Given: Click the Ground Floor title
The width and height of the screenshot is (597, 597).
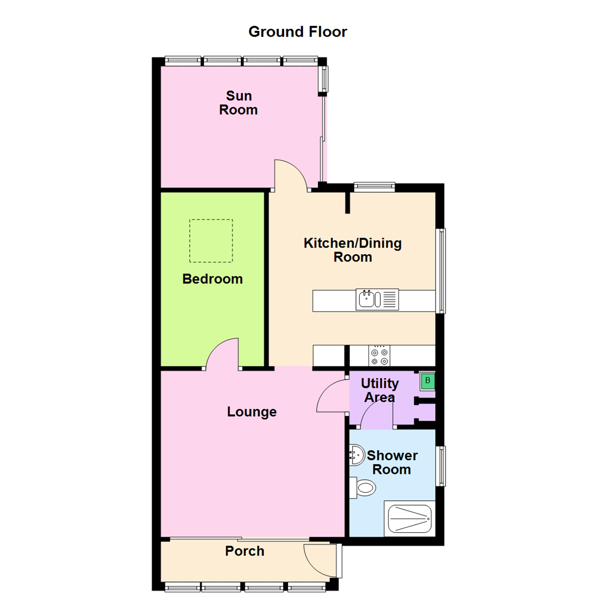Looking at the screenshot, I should coord(297,32).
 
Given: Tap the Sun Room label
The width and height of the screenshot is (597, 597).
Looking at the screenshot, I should coord(238,103).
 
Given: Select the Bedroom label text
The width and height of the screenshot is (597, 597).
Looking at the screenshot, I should coord(212,279).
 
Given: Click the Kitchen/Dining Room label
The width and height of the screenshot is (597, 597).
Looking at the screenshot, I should coord(353,250).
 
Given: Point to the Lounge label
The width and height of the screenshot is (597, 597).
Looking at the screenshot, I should coord(252,412).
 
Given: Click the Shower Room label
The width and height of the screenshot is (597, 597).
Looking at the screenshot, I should coord(392,463).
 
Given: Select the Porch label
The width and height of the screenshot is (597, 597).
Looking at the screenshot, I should coord(244,551).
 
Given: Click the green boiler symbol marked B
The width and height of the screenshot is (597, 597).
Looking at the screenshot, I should coord(427,381).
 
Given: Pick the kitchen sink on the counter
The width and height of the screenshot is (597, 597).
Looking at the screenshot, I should coord(377,299).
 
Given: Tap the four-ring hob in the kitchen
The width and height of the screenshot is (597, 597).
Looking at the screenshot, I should coord(379,355).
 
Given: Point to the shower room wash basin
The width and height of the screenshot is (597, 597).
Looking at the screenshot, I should coord(356,457).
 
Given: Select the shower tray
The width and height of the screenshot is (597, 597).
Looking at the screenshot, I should coord(410,519).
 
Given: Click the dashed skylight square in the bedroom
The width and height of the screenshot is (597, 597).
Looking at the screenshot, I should coord(211,241).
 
